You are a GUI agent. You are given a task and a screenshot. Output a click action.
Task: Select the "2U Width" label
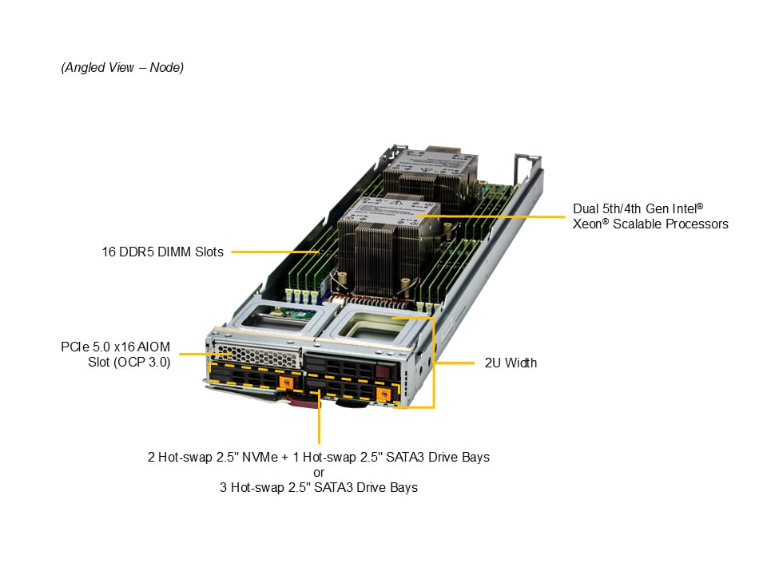pos(511,363)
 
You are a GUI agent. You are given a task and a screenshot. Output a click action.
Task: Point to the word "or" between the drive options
pos(319,472)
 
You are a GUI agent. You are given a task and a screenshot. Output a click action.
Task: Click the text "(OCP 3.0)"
pos(129,362)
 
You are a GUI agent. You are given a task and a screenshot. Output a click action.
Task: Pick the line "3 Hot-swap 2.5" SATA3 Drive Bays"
pos(319,487)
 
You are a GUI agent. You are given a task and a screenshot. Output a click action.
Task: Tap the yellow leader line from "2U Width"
pos(459,363)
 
